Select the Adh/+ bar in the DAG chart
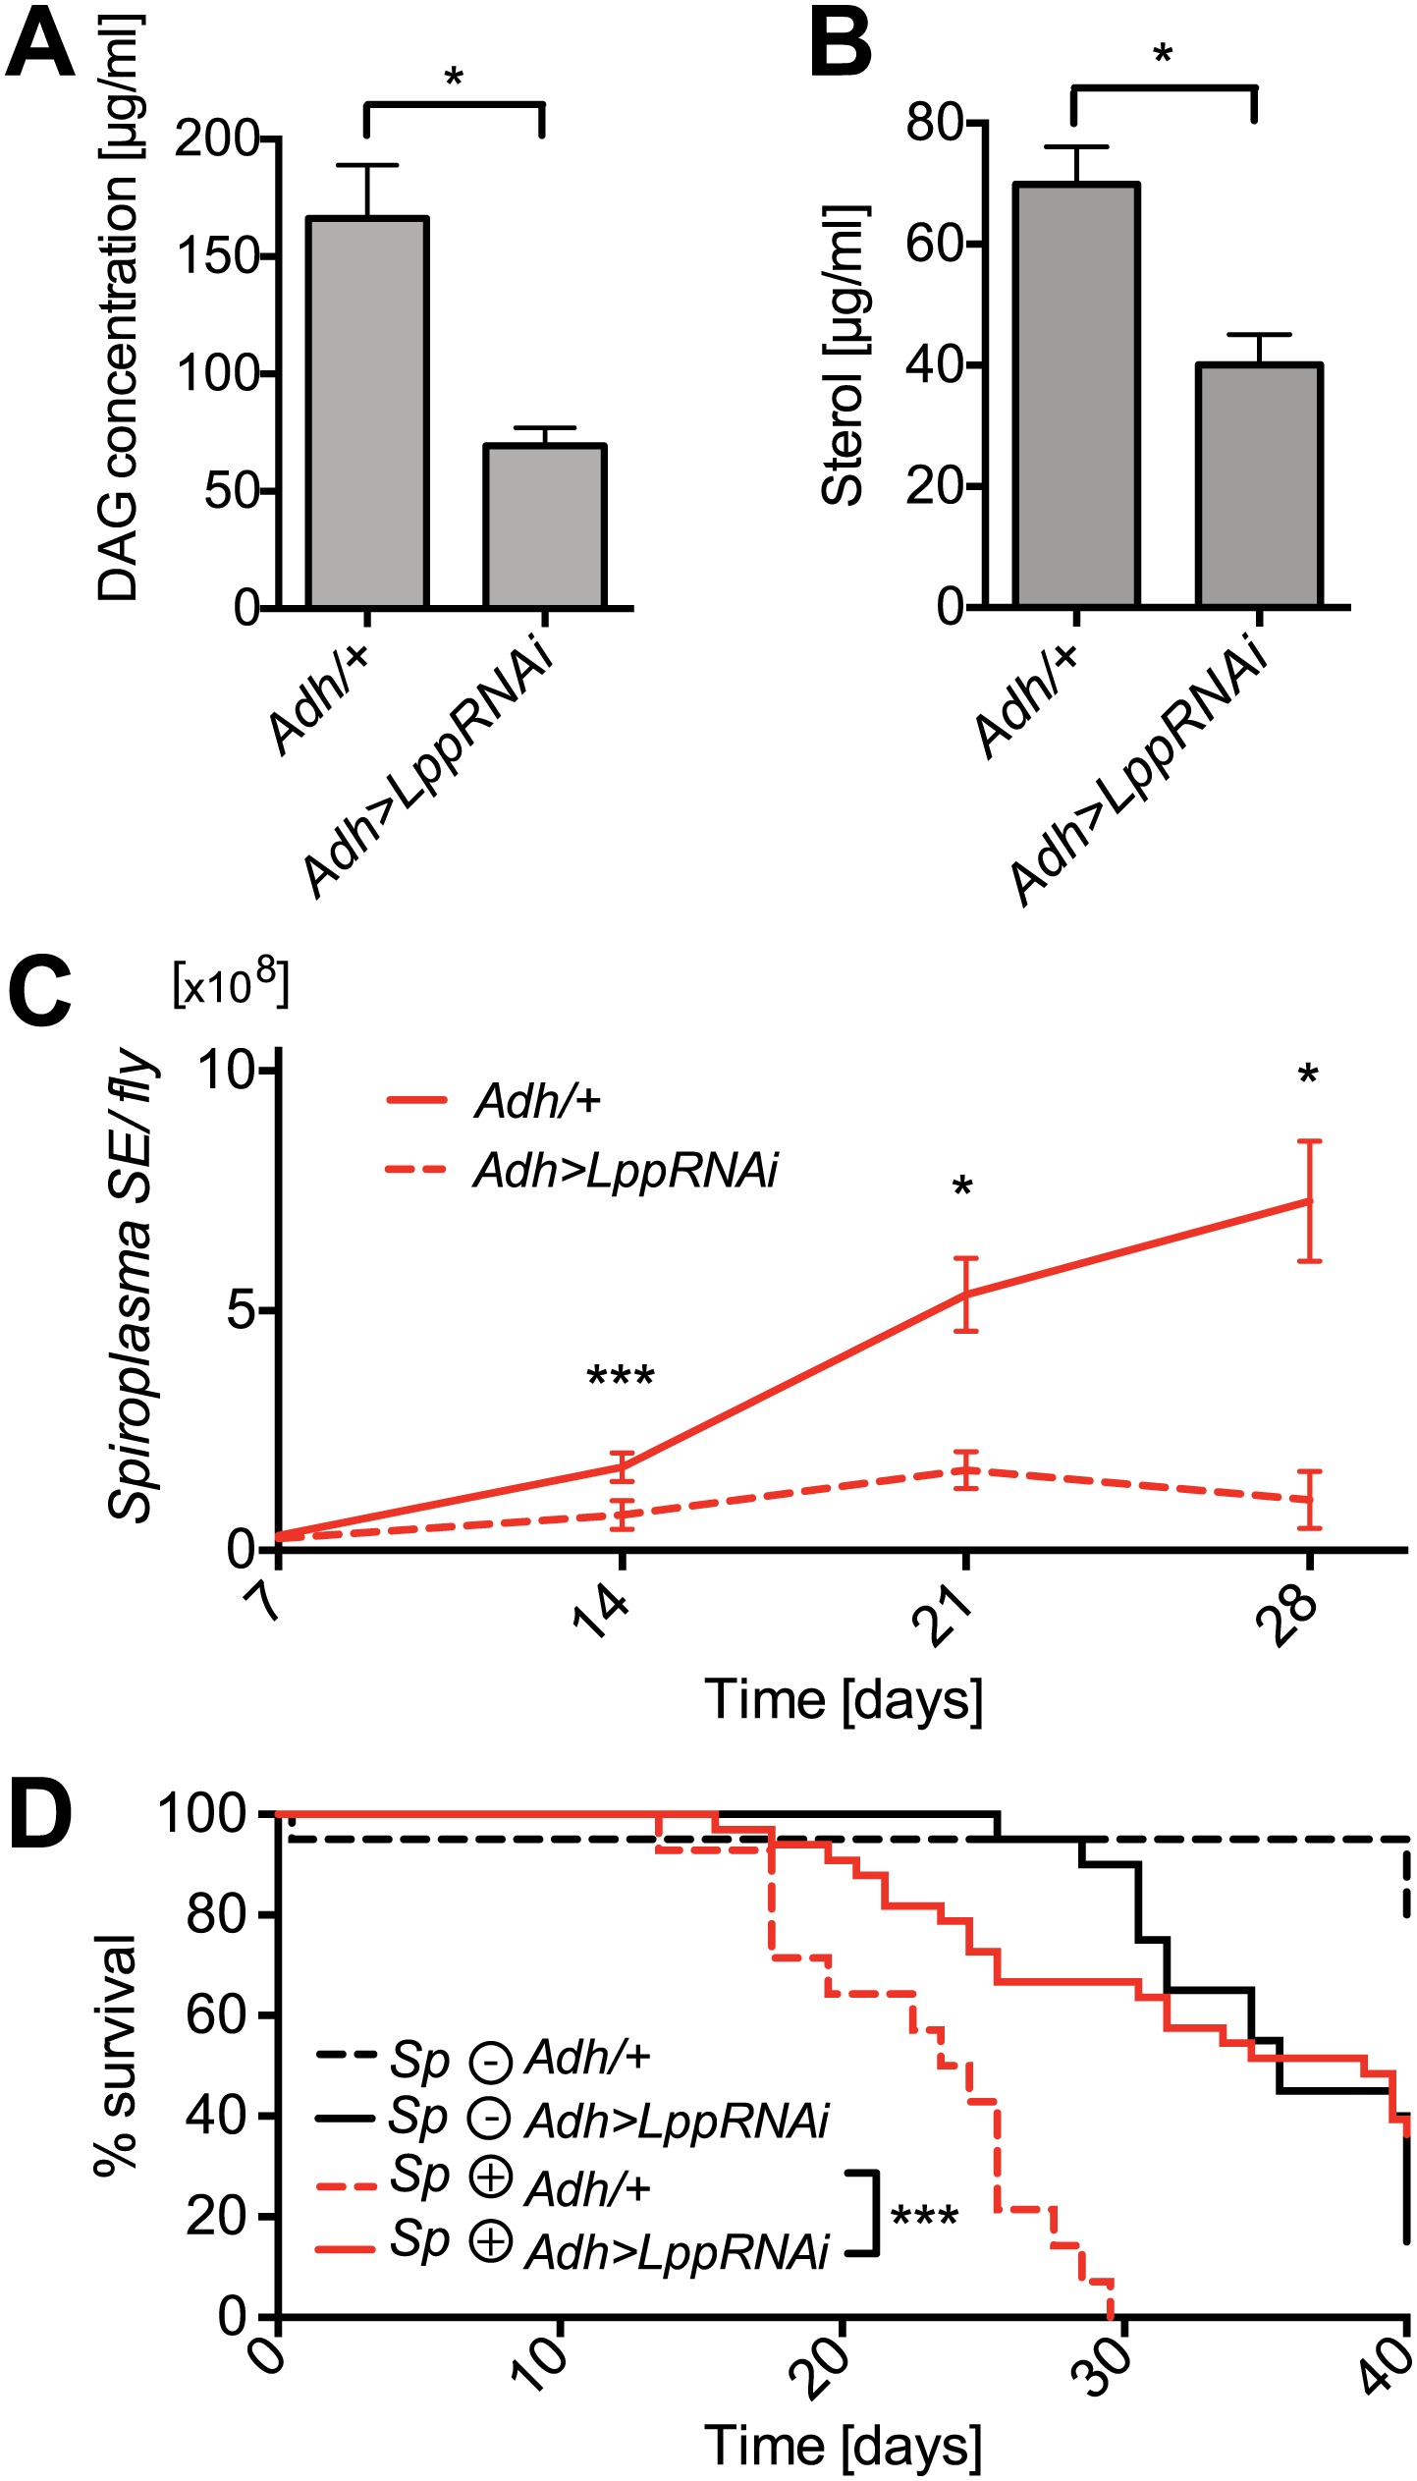click(x=367, y=413)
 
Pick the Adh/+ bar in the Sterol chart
click(x=1076, y=393)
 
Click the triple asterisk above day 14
click(x=621, y=1378)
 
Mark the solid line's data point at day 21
click(x=967, y=1295)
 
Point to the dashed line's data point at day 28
click(x=1309, y=1500)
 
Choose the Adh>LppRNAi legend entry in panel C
click(x=625, y=1171)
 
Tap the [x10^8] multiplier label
click(x=231, y=984)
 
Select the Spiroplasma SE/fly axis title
click(x=133, y=1287)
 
